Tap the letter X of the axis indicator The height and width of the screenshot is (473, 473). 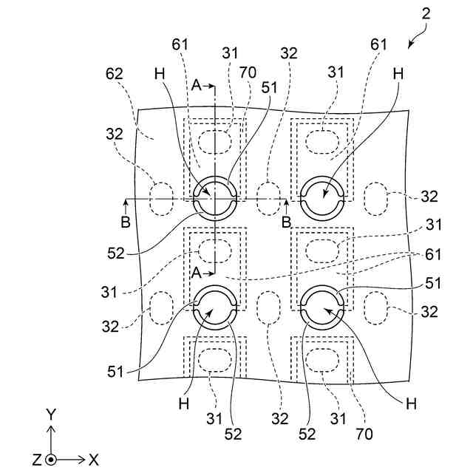pos(94,460)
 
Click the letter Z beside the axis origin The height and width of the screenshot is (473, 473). pos(36,460)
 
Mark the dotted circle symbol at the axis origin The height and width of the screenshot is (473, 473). pos(51,460)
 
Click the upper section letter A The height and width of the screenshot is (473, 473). pos(196,86)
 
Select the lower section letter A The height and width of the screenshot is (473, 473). pos(196,272)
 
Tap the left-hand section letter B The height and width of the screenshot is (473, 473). pos(125,221)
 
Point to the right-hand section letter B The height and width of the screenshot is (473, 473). pos(286,221)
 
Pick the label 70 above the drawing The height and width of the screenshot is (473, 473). pos(248,73)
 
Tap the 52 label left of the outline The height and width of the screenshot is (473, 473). pos(115,253)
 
